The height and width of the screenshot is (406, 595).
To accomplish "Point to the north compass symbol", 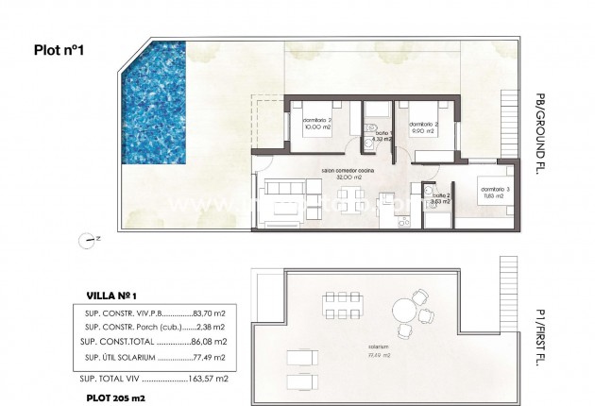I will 90,240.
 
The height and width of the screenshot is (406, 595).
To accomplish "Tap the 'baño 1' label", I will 382,133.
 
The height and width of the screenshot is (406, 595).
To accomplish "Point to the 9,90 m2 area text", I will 421,131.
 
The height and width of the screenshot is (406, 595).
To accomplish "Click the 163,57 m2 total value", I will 207,378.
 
